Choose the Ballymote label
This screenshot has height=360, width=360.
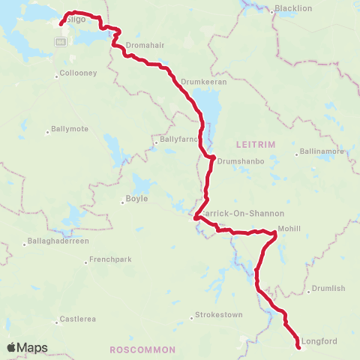[x=70, y=129]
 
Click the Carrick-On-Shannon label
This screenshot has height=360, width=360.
[x=227, y=211]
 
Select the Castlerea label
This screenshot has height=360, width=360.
[x=78, y=319]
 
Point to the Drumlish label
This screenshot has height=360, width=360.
[x=328, y=288]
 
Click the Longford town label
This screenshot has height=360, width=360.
[x=320, y=341]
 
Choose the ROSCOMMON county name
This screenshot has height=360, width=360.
[x=142, y=349]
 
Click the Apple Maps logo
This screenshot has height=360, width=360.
[x=27, y=347]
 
